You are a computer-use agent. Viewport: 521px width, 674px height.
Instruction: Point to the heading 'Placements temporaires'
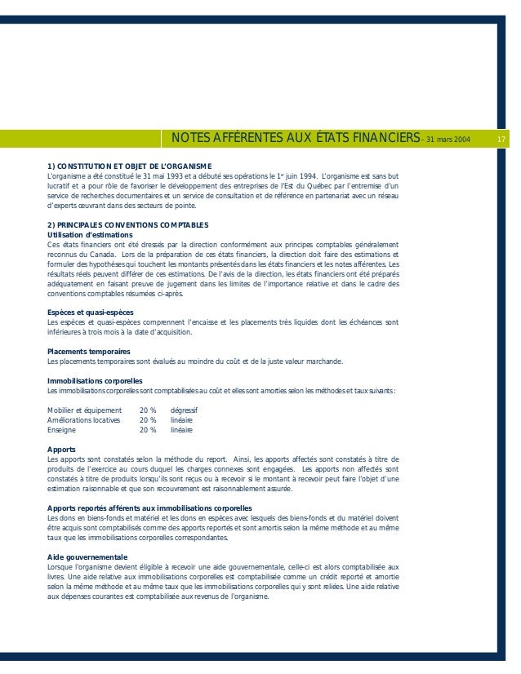click(x=89, y=352)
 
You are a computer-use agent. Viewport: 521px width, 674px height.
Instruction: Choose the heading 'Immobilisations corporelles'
click(x=96, y=380)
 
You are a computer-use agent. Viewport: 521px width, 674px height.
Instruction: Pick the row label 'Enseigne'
click(x=63, y=428)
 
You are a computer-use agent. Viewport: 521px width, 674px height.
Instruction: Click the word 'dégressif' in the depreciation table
click(x=185, y=409)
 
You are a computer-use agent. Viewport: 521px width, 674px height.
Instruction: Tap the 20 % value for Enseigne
click(x=148, y=428)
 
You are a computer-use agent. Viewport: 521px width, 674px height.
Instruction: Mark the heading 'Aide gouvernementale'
click(x=87, y=556)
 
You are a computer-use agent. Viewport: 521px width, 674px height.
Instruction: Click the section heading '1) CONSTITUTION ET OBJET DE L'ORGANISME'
click(x=130, y=167)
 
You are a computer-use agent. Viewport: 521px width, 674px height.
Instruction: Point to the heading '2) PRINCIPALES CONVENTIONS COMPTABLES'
click(x=129, y=224)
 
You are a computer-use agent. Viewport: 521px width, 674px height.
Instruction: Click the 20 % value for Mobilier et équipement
click(x=148, y=409)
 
